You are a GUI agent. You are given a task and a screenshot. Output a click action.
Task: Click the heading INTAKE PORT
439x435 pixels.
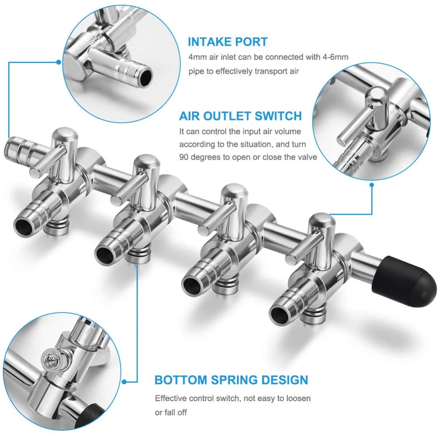228,42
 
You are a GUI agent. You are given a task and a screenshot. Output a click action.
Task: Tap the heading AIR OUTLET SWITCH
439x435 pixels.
240,116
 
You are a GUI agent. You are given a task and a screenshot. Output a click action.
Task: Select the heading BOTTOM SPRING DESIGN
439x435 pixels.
231,380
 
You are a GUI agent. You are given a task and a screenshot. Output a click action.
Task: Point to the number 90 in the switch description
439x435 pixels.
184,157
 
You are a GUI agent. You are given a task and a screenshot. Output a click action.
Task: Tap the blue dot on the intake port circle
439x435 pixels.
59,62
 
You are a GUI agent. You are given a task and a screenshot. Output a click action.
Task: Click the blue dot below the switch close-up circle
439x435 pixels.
372,185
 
